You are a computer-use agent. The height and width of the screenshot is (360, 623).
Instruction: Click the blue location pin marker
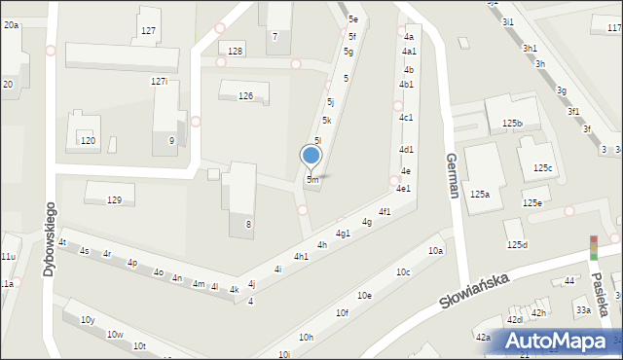pyautogui.click(x=311, y=157)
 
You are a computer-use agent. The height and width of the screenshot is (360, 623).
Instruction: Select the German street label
pyautogui.click(x=452, y=175)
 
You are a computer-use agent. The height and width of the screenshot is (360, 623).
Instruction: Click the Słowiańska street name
pyautogui.click(x=475, y=290)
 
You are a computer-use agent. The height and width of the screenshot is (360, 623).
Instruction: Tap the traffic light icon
pyautogui.click(x=593, y=247)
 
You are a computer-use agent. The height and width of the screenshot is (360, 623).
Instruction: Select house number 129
pyautogui.click(x=114, y=199)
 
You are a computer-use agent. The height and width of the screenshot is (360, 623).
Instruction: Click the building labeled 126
pyautogui.click(x=245, y=95)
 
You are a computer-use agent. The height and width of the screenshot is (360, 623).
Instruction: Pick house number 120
pyautogui.click(x=88, y=141)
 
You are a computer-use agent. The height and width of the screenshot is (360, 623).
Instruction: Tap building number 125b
pyautogui.click(x=512, y=124)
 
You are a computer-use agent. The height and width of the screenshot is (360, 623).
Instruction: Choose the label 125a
pyautogui.click(x=479, y=195)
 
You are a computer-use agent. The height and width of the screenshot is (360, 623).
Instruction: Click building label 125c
pyautogui.click(x=542, y=168)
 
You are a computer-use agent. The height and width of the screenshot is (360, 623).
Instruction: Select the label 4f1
pyautogui.click(x=385, y=211)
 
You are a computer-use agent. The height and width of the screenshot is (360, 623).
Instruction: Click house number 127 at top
pyautogui.click(x=148, y=31)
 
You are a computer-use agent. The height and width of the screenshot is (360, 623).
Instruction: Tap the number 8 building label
pyautogui.click(x=248, y=225)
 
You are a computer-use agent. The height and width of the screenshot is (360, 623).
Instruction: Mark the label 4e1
pyautogui.click(x=403, y=189)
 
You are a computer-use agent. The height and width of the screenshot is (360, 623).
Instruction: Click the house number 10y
pyautogui.click(x=88, y=319)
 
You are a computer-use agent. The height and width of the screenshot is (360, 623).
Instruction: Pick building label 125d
pyautogui.click(x=517, y=244)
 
